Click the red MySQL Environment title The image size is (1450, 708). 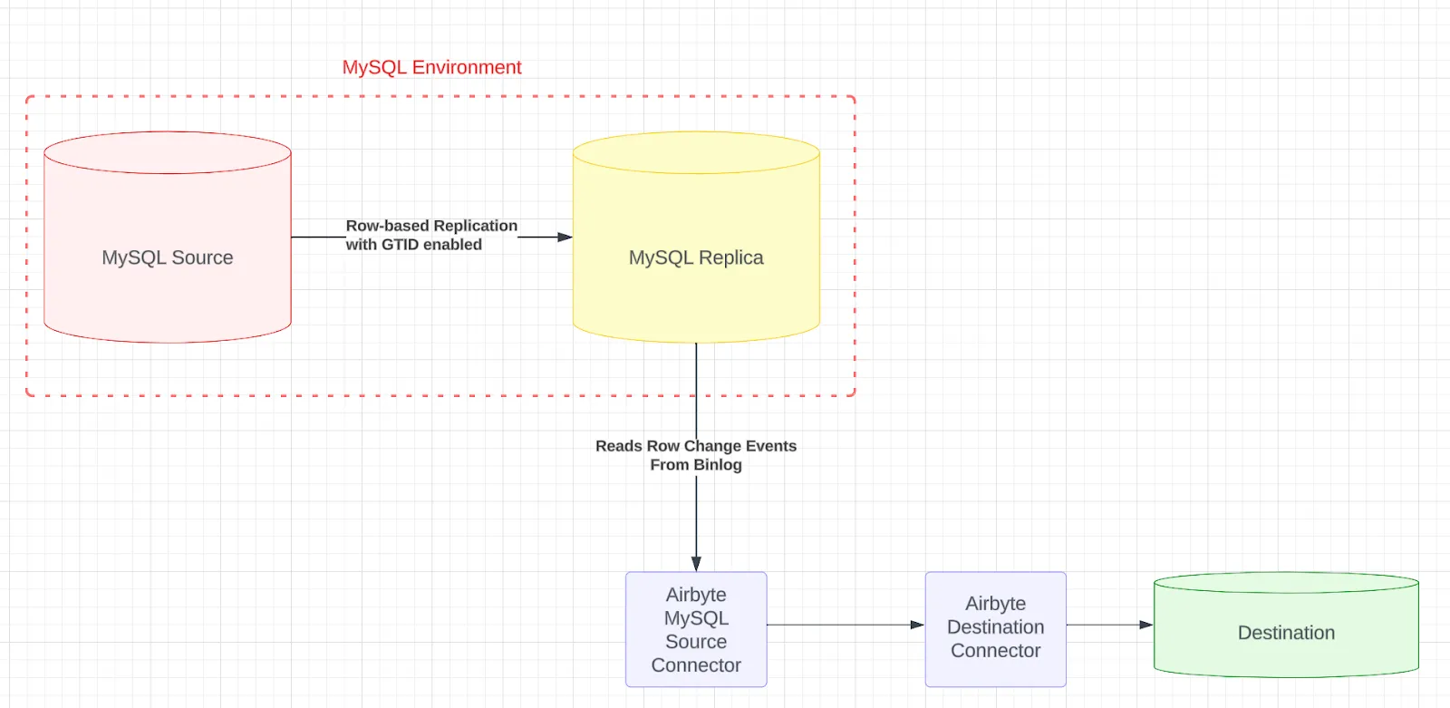point(431,67)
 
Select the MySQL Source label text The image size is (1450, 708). point(168,257)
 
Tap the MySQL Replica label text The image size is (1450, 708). point(696,257)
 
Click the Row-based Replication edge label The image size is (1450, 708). point(431,235)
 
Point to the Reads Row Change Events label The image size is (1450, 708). point(696,455)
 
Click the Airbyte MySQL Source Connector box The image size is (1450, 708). point(696,629)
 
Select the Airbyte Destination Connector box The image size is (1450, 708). point(996,629)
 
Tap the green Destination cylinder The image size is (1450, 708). point(1286,625)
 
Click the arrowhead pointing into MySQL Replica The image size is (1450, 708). point(565,238)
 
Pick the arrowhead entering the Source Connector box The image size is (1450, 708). point(696,564)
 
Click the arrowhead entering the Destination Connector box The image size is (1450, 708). point(917,626)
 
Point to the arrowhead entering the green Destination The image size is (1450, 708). point(1145,626)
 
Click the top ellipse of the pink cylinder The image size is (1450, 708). point(168,153)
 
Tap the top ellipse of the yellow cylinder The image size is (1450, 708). point(696,153)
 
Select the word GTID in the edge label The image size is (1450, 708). point(400,245)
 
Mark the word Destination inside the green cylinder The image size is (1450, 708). point(1286,633)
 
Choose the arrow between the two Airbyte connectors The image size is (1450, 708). point(846,626)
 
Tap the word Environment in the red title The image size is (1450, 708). point(467,67)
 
